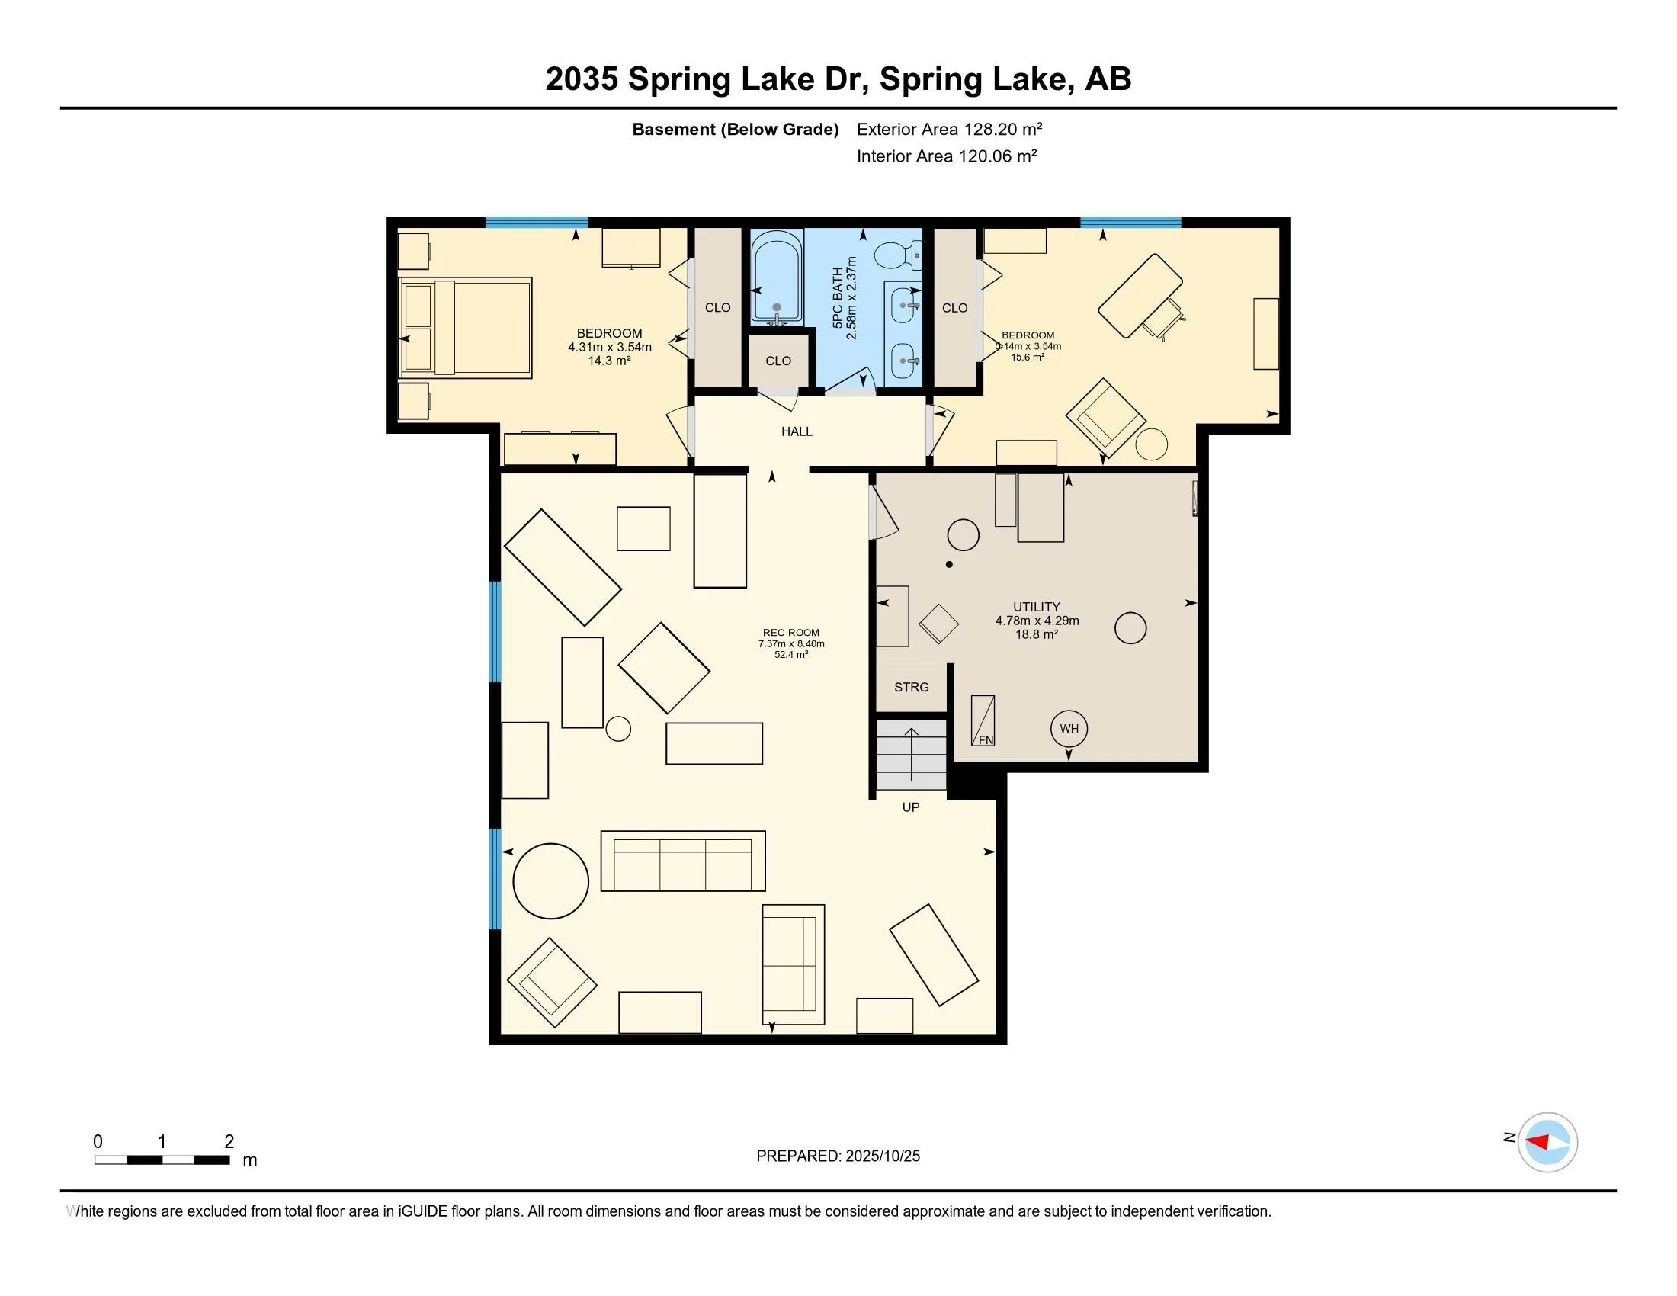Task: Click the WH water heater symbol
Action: [1069, 729]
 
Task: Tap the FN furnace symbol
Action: [983, 721]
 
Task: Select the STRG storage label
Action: [912, 687]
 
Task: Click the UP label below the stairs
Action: [911, 807]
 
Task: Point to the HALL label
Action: [797, 431]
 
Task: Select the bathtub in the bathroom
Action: [776, 277]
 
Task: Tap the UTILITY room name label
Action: [1036, 607]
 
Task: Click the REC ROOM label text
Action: [791, 633]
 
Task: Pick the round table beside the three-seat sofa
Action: [550, 881]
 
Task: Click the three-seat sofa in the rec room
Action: [683, 861]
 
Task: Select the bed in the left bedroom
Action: [466, 328]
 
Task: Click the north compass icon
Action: [1547, 1142]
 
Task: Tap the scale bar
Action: [162, 1160]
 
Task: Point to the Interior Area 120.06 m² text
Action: [946, 156]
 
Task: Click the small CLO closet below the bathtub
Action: [778, 361]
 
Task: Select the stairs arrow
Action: [912, 753]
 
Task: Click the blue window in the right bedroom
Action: [1130, 223]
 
